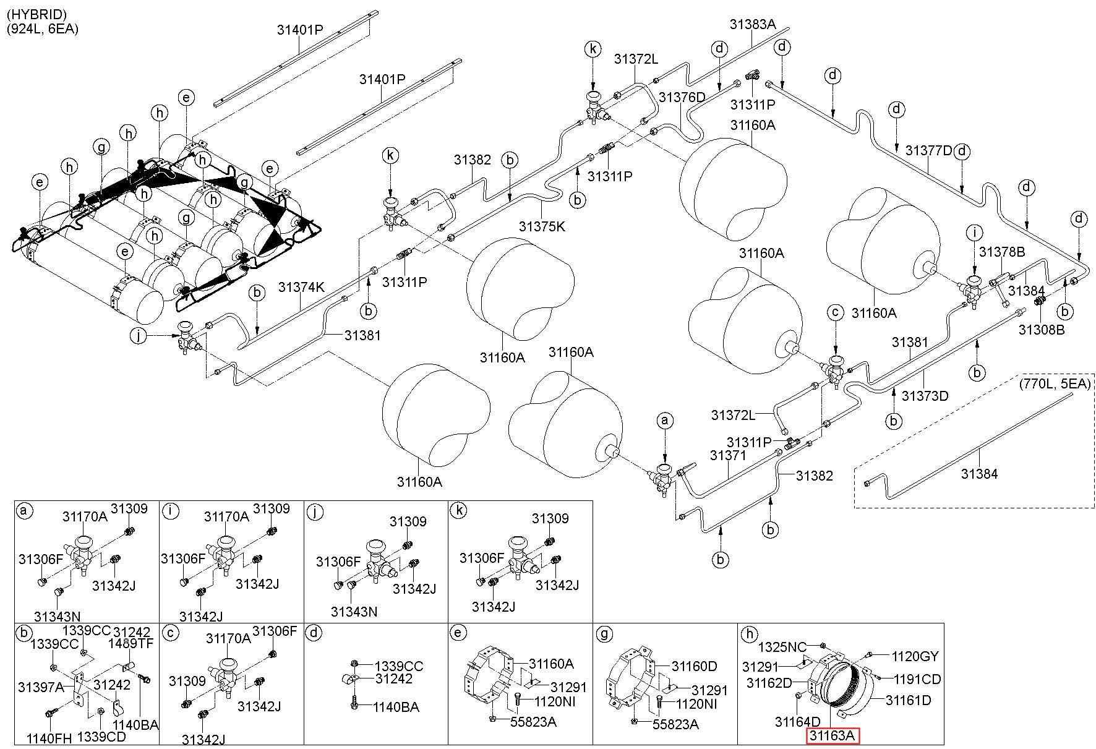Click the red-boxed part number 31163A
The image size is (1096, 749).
coord(832,736)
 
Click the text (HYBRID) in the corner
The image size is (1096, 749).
coord(37,14)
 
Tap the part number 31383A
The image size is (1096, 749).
coord(752,24)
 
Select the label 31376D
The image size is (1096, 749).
coord(682,97)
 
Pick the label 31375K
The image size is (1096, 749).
coord(542,226)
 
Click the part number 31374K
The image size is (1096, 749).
coord(301,287)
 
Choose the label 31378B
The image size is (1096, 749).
coord(1003,252)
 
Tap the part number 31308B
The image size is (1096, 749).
coord(1042,330)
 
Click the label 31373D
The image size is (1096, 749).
coord(925,395)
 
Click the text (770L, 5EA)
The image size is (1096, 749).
coord(1055,383)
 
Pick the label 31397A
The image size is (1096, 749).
coord(41,687)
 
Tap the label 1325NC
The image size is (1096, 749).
coord(782,647)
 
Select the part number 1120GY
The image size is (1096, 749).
coord(915,656)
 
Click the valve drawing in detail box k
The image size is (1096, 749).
coord(519,557)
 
